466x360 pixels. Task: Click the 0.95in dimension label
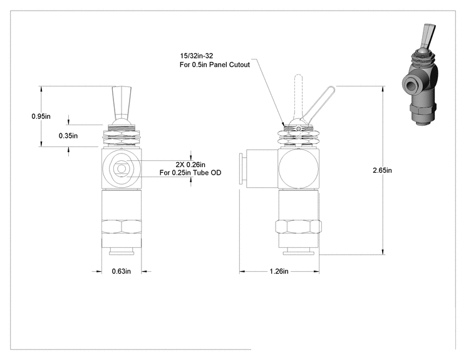point(41,116)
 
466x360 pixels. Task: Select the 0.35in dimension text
point(68,136)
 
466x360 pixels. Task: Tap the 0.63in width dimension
point(122,271)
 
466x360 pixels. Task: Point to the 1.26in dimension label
point(279,271)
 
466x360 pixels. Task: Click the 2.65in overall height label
point(382,170)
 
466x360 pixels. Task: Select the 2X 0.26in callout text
point(190,165)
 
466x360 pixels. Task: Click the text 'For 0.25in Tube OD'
point(190,173)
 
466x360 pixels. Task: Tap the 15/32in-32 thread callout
point(196,56)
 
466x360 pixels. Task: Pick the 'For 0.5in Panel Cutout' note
point(215,64)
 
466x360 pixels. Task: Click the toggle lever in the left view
point(122,103)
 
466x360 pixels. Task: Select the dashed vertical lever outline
point(298,95)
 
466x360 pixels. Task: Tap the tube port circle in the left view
point(122,168)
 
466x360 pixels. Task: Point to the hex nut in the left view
point(122,227)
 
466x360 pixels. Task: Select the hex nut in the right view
point(298,227)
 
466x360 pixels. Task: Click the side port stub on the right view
point(258,168)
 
